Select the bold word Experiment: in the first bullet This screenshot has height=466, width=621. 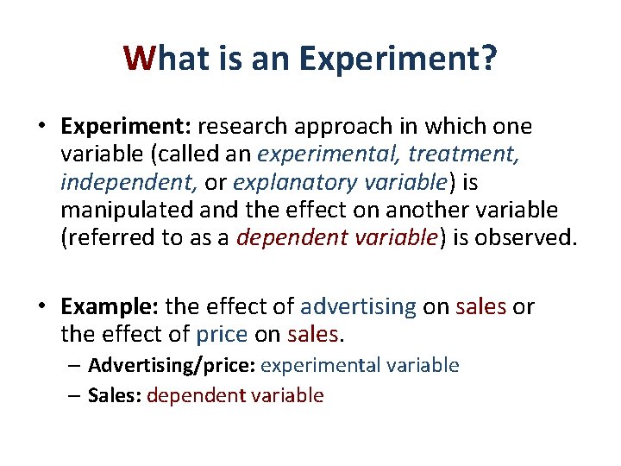point(126,127)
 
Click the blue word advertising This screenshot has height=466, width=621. point(358,306)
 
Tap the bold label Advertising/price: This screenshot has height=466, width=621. point(171,366)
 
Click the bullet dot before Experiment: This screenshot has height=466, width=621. point(42,127)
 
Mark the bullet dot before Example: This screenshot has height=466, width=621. point(42,306)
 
